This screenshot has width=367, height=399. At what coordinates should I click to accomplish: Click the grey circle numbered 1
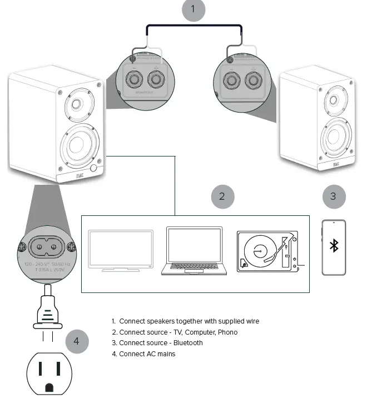(x=194, y=9)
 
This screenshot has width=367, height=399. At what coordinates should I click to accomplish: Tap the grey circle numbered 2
(x=222, y=196)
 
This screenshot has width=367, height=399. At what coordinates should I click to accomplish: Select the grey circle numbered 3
(x=334, y=196)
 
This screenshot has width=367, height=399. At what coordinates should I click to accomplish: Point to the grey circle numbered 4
(x=77, y=341)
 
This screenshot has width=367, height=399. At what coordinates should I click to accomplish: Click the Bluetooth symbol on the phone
(x=334, y=246)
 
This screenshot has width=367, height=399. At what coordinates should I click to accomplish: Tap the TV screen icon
(x=121, y=248)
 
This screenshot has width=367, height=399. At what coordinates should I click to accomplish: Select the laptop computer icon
(x=195, y=250)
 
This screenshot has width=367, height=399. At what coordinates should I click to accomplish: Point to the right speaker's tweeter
(x=333, y=100)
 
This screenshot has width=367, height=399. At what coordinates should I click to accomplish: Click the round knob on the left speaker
(x=93, y=168)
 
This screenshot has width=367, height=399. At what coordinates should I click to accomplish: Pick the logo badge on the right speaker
(x=336, y=164)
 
